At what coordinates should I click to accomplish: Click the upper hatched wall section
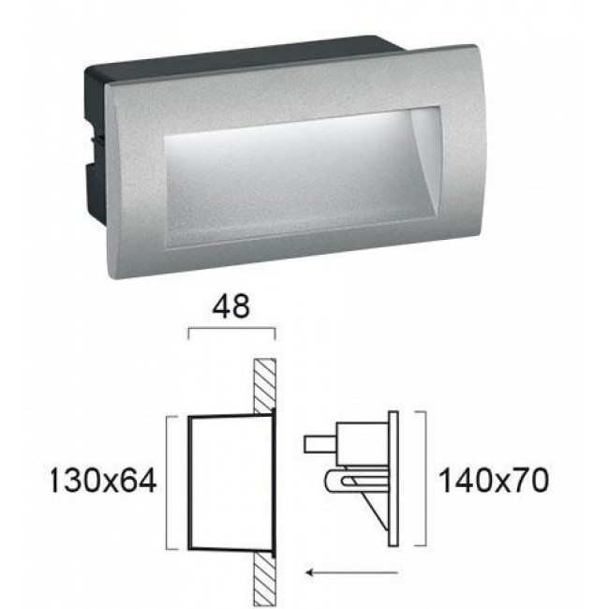click(x=264, y=384)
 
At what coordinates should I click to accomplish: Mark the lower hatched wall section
click(x=264, y=572)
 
